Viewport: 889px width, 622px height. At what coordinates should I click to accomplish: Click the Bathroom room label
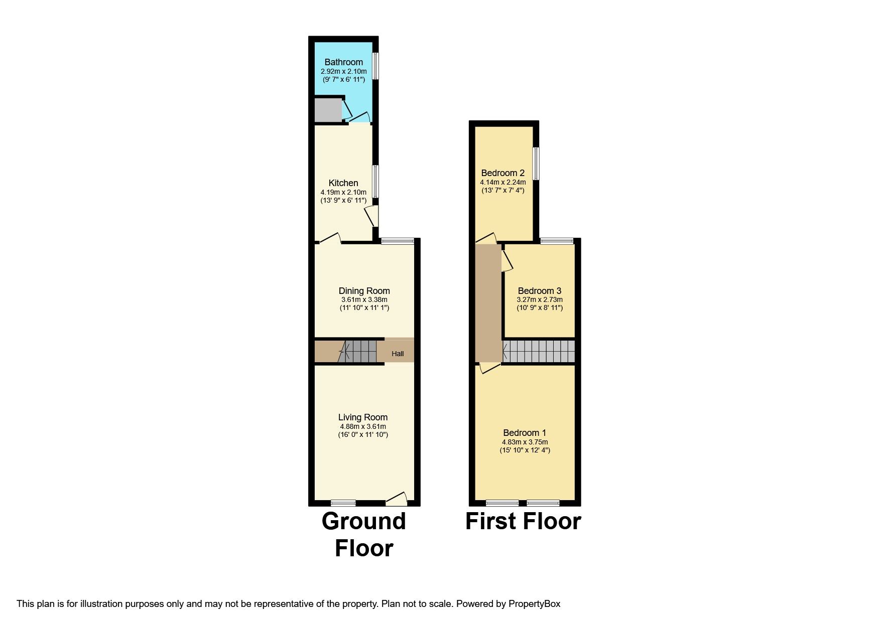343,62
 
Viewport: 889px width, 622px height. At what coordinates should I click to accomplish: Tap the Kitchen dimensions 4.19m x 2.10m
343,192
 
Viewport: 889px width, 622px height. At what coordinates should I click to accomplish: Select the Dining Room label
364,291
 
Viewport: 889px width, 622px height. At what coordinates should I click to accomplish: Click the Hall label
398,354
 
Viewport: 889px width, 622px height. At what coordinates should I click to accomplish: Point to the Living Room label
362,417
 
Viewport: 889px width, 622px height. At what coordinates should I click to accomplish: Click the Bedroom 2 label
502,173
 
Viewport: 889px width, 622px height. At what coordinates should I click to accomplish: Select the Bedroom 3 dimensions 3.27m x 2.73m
540,299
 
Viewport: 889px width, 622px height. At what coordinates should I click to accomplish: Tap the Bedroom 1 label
525,433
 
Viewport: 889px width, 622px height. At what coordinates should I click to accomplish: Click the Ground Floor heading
363,535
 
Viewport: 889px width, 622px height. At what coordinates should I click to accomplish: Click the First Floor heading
523,521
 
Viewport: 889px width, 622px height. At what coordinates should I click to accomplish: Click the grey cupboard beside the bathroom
327,110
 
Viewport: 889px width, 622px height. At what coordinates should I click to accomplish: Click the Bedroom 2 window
536,163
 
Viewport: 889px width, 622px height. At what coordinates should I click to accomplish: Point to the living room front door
397,499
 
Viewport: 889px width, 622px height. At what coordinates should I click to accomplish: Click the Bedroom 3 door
506,259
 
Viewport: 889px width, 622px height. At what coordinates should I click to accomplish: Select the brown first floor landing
488,301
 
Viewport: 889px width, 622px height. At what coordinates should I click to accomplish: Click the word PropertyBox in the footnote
534,604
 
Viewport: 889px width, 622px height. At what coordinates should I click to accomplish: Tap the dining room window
398,241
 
